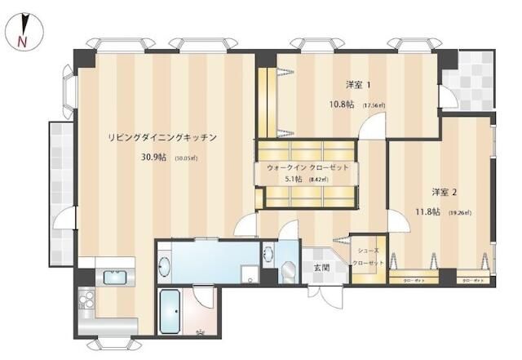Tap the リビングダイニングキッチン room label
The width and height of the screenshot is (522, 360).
pos(162,138)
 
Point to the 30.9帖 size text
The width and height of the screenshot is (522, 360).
pos(154,158)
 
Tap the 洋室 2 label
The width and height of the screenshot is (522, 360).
pos(445,193)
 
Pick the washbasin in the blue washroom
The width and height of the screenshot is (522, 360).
pos(164,265)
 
